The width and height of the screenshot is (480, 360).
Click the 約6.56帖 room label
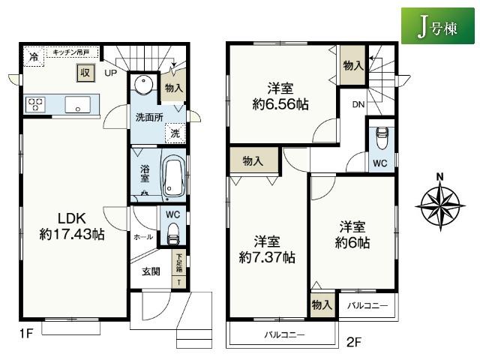point(280,97)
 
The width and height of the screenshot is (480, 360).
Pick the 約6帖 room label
point(351,234)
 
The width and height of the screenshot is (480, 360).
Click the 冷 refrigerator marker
point(33,57)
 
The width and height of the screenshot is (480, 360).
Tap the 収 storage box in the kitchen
point(85,73)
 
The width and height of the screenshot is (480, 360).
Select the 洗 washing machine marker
point(174,133)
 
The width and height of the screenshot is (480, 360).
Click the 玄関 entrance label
point(150,272)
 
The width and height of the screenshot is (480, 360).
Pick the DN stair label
point(358,104)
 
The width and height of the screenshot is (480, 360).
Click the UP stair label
point(111,73)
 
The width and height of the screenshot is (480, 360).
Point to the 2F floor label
point(355,344)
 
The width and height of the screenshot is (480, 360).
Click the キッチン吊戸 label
point(70,51)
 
